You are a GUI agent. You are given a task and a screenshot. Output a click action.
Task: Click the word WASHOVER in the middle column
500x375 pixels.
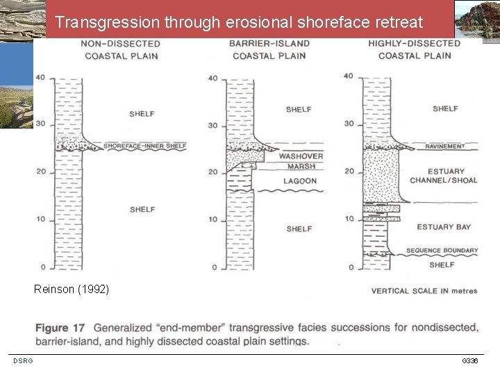point(301,156)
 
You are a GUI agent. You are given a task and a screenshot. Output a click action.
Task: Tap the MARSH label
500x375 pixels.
point(301,166)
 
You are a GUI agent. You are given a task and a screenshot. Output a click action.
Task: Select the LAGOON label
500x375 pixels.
point(300,181)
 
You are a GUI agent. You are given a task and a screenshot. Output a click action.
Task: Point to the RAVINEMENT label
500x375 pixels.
point(445,147)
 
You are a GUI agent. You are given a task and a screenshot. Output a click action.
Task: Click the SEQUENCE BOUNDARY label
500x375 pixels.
point(442,251)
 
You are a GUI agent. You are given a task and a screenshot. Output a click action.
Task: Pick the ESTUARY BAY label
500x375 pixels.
point(444,227)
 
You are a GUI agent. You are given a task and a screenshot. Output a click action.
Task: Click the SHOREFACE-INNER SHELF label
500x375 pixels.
point(145,146)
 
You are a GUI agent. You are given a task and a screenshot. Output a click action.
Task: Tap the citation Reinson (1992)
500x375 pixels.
point(71,289)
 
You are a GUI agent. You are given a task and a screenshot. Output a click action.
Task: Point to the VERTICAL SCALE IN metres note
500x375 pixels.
point(424,291)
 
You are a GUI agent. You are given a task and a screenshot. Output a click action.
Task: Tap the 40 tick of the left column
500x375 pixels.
point(41,77)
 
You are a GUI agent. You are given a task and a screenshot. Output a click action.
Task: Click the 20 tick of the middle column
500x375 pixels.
point(212,172)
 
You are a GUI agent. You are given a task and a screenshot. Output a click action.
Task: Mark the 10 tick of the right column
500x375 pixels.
point(349,219)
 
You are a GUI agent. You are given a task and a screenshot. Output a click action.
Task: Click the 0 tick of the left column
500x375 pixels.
point(42,267)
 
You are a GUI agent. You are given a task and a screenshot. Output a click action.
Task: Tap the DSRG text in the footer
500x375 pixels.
point(22,361)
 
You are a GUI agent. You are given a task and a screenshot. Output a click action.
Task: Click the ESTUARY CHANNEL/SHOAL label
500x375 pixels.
point(443,176)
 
